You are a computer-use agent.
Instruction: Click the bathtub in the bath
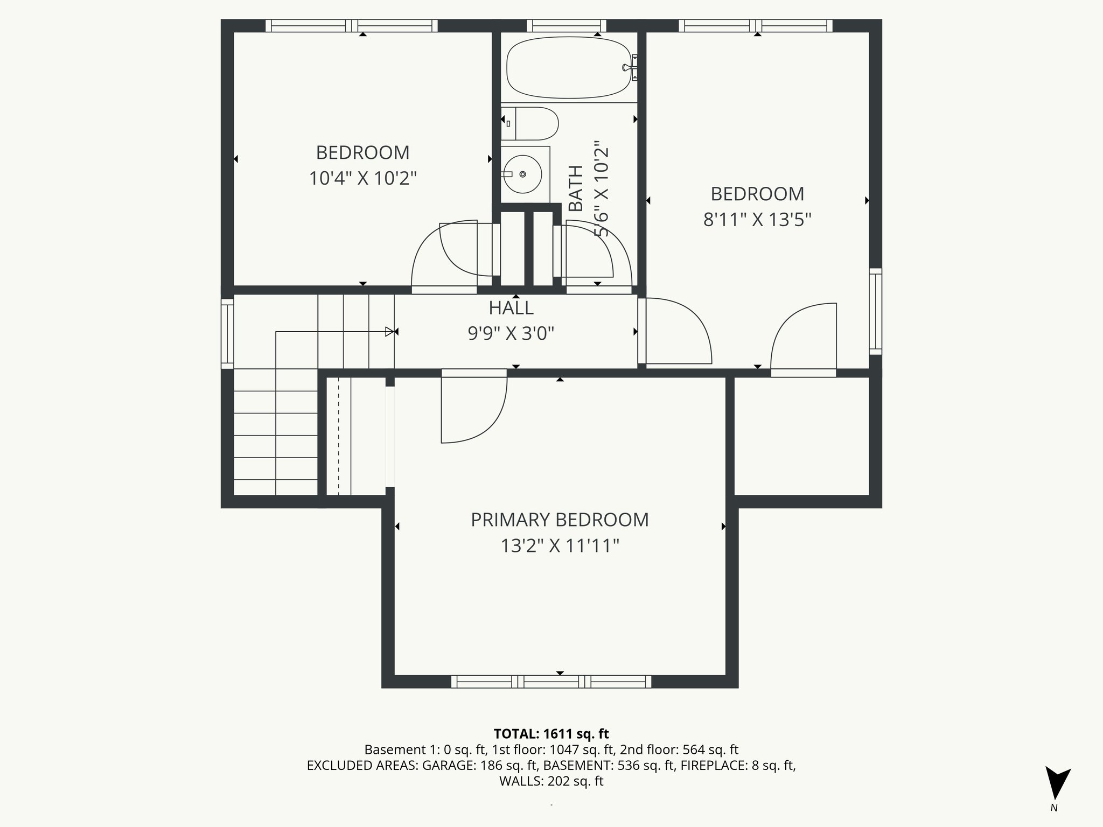click(x=569, y=67)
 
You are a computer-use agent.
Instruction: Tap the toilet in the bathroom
click(x=535, y=124)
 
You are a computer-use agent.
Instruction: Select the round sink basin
click(x=522, y=174)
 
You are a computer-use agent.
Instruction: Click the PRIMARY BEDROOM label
click(x=560, y=520)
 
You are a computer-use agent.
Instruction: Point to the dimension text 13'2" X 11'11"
click(x=560, y=546)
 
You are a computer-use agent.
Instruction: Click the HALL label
click(x=511, y=308)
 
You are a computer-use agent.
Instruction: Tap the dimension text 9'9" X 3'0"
click(x=511, y=334)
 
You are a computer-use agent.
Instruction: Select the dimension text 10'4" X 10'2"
click(x=362, y=178)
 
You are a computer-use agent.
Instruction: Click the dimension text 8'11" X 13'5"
click(x=757, y=220)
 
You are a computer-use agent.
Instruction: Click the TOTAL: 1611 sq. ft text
click(x=551, y=734)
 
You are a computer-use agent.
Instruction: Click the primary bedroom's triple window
click(x=551, y=682)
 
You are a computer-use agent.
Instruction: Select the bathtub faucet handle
click(x=628, y=67)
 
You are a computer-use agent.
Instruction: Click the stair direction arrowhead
click(x=389, y=332)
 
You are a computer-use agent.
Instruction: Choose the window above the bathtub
click(x=566, y=25)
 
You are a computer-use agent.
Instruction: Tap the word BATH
click(x=576, y=188)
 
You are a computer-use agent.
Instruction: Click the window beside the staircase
click(x=227, y=334)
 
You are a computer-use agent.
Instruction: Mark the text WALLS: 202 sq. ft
click(x=551, y=781)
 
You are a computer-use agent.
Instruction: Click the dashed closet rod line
click(x=338, y=436)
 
